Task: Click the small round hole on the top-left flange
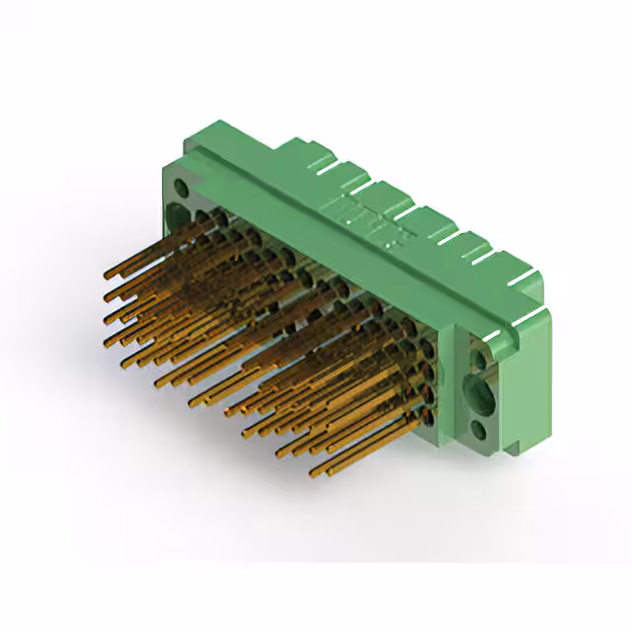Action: tap(180, 185)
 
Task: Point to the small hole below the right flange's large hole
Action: tap(478, 430)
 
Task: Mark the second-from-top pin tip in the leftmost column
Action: tap(107, 294)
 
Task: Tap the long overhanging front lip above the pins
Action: tap(326, 247)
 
